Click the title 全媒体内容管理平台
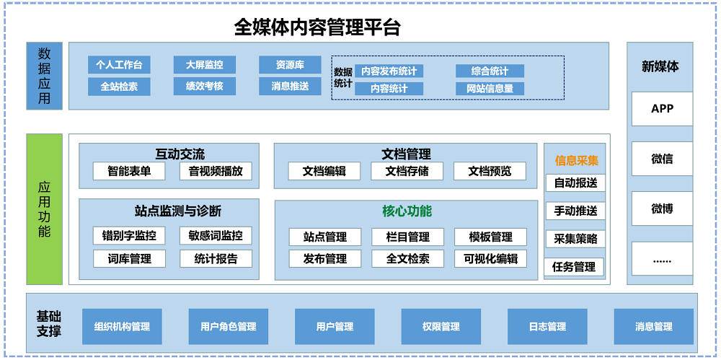317,27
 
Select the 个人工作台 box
119,65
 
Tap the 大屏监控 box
204,65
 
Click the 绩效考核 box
204,87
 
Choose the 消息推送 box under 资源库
290,87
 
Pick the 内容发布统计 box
389,71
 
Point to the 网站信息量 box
490,89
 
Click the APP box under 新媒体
662,109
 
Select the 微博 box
662,209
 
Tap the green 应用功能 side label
45,209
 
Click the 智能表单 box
129,171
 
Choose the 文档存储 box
407,171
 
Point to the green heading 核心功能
407,211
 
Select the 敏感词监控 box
216,235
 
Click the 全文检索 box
407,258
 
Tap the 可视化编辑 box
490,258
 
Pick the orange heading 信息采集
576,160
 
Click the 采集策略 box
575,239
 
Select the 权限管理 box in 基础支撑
441,327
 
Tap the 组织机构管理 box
122,327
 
